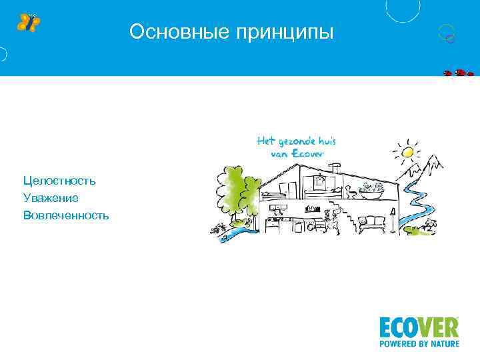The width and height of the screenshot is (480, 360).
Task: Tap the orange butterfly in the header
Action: tap(28, 22)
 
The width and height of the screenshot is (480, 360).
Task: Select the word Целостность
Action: tap(59, 181)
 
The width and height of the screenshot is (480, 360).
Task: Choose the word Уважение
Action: tap(51, 198)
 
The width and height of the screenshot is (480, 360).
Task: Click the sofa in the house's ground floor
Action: tap(372, 223)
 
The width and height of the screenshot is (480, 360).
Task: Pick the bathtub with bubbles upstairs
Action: tap(372, 191)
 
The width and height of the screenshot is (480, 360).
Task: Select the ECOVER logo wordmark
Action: tap(419, 328)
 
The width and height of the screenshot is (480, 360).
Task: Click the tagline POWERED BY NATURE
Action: tap(419, 345)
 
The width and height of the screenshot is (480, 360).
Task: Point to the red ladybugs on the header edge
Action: tap(458, 73)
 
